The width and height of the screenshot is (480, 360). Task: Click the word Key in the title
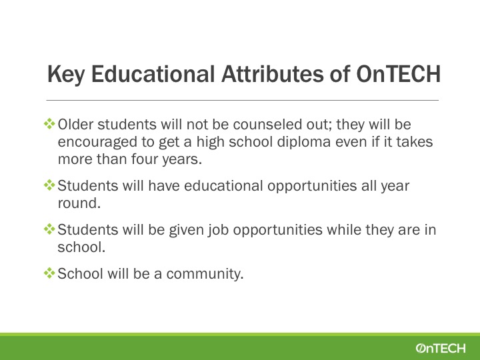[66, 74]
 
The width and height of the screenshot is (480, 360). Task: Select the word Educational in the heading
[153, 73]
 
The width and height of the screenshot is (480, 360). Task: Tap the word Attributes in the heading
[272, 73]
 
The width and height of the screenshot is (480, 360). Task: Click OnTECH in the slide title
[398, 74]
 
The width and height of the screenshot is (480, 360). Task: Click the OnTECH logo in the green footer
[441, 348]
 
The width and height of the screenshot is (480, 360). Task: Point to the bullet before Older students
[49, 124]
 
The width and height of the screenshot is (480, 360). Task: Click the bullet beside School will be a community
[49, 273]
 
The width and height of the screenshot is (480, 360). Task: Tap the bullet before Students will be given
[49, 229]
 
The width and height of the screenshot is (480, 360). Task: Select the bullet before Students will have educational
[49, 185]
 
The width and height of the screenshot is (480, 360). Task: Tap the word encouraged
[97, 143]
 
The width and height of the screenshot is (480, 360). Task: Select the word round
[79, 203]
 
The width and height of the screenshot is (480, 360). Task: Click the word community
[205, 274]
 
